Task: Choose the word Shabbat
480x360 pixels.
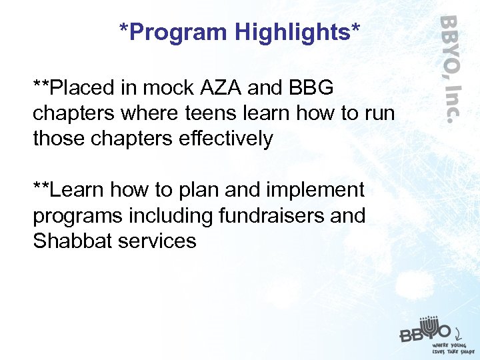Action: click(x=72, y=241)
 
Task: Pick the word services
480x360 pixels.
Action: click(x=157, y=241)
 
